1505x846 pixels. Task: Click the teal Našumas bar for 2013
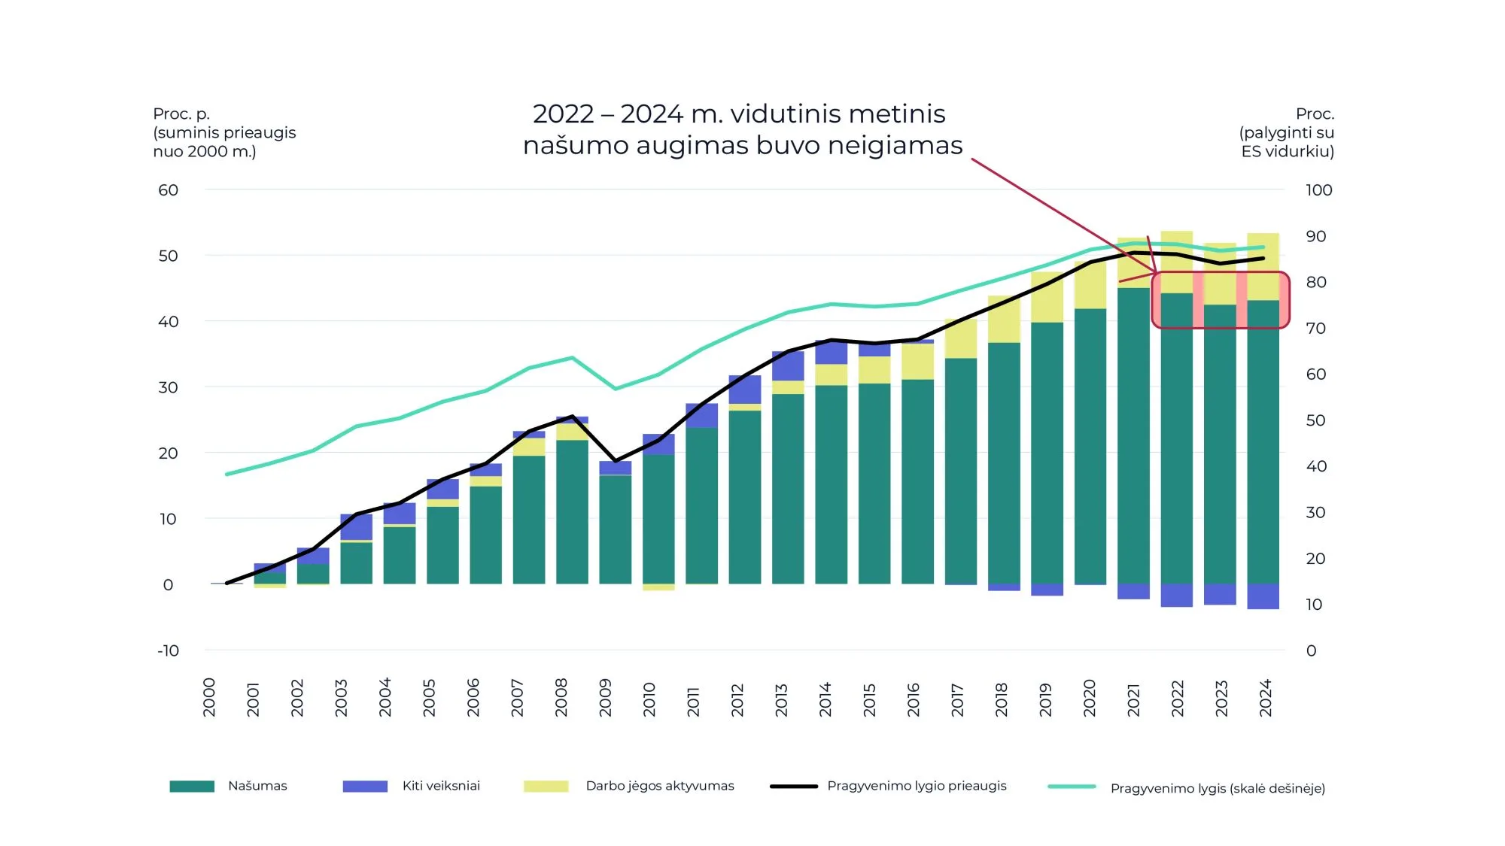tap(788, 489)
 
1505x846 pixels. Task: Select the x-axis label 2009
tap(605, 698)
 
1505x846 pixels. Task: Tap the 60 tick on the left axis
tap(168, 190)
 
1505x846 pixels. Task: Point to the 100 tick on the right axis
tap(1318, 190)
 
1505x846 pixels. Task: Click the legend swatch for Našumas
tap(192, 786)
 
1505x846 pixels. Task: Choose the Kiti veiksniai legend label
tap(441, 786)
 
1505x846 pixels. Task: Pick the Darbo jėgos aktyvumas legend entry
tap(659, 786)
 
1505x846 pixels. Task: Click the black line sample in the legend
tap(793, 786)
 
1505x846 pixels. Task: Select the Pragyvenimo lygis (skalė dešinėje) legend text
tap(1218, 788)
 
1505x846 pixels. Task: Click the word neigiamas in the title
tap(895, 145)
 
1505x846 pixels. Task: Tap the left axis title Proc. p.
tap(181, 114)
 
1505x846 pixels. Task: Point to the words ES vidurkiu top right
tap(1288, 151)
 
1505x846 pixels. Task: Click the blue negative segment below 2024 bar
tap(1263, 596)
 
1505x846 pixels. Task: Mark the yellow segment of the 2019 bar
tap(1047, 298)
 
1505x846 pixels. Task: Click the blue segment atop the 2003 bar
tap(356, 526)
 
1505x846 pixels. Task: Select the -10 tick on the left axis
tap(168, 650)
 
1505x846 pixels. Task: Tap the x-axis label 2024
tap(1266, 698)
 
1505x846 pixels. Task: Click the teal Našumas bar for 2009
tap(615, 529)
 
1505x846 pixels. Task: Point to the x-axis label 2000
tap(209, 698)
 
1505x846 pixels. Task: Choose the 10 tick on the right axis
tap(1314, 605)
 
